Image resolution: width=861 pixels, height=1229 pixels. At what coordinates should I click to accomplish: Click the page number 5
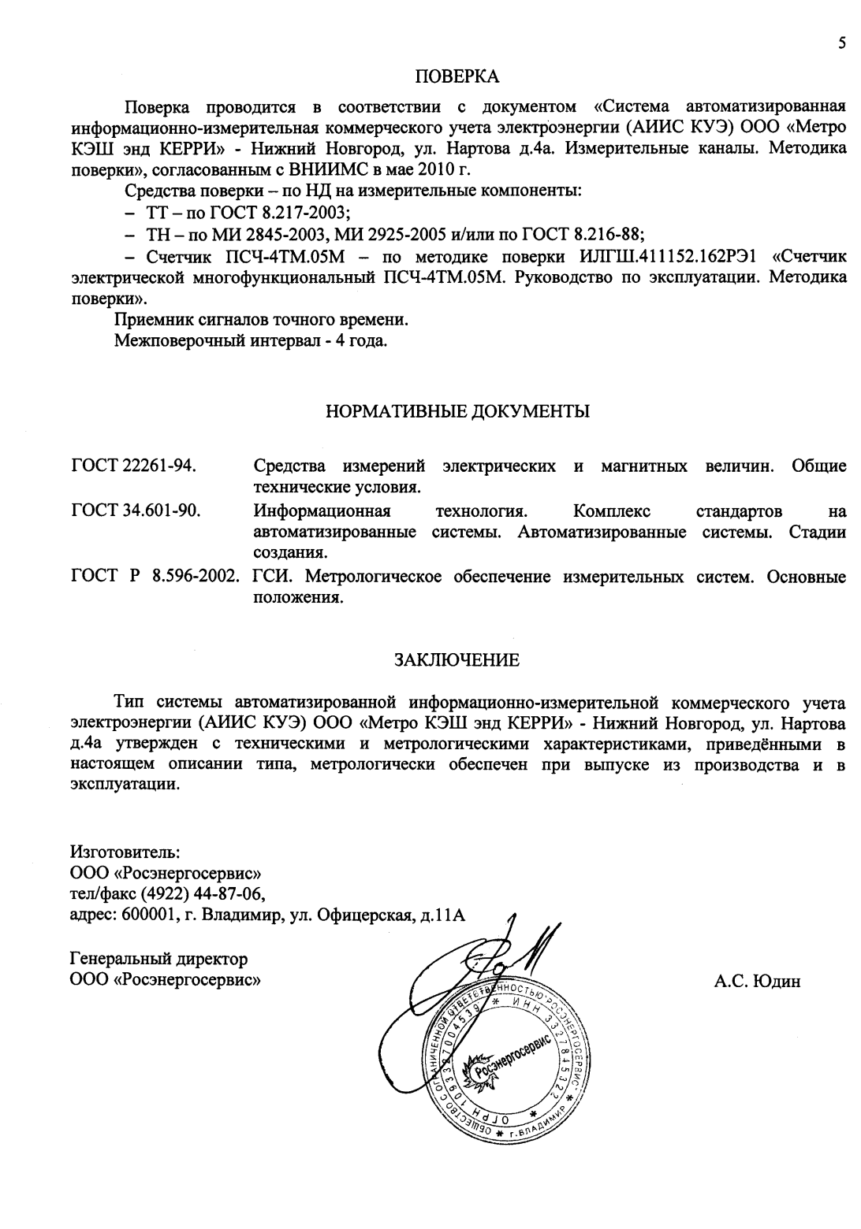pyautogui.click(x=842, y=43)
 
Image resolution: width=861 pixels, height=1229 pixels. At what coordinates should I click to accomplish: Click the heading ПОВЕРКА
pyautogui.click(x=457, y=76)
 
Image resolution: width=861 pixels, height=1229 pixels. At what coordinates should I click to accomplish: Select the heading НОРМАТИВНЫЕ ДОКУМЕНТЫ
pyautogui.click(x=458, y=411)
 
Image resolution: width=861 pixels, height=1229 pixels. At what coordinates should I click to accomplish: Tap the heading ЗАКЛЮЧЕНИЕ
pyautogui.click(x=457, y=660)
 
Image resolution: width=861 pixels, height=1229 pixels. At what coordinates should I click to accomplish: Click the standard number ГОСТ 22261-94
pyautogui.click(x=133, y=466)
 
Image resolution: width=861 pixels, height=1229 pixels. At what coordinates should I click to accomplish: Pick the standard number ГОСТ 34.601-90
pyautogui.click(x=135, y=511)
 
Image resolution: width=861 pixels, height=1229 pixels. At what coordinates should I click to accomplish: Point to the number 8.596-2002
pyautogui.click(x=196, y=577)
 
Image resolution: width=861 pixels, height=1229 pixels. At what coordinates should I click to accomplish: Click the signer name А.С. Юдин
pyautogui.click(x=757, y=982)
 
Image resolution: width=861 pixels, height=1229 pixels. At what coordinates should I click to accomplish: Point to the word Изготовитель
pyautogui.click(x=126, y=852)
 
